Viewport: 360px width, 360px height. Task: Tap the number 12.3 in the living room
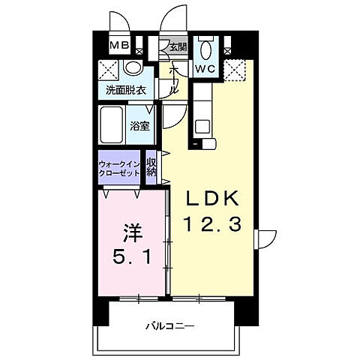[211, 224]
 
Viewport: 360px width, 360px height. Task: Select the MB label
[120, 46]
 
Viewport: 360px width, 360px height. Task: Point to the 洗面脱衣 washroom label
[124, 91]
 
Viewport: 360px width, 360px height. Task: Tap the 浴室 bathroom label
[140, 125]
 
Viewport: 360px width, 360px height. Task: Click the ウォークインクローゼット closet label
[118, 168]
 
